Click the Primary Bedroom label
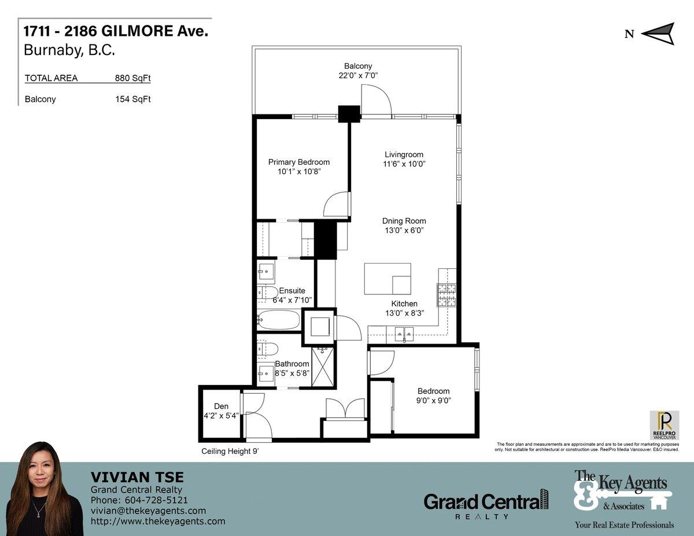point(298,162)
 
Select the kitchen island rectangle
point(387,279)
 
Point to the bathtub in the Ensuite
point(279,320)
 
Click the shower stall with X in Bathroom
point(323,365)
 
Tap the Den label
point(221,406)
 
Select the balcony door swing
point(376,99)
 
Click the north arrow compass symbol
point(658,34)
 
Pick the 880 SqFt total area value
point(133,79)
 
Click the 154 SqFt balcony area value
point(133,99)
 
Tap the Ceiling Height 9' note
point(230,452)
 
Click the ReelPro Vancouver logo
point(665,425)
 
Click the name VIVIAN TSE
point(137,478)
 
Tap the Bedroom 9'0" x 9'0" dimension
point(434,400)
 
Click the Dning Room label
point(404,221)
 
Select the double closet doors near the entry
point(345,409)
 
